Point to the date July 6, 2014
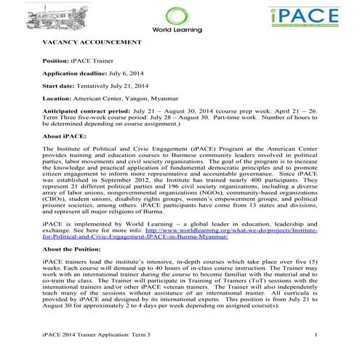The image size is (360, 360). click(127, 73)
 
